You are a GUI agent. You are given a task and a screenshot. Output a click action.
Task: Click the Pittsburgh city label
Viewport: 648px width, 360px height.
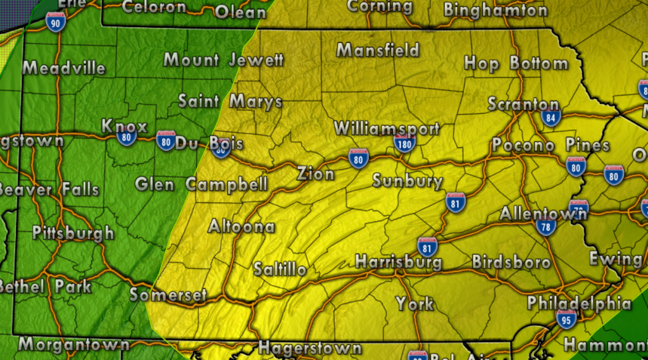coord(73,233)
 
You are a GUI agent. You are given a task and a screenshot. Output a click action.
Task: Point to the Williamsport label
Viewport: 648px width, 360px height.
coord(386,128)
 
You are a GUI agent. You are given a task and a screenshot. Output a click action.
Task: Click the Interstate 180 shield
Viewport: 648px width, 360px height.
coord(404,144)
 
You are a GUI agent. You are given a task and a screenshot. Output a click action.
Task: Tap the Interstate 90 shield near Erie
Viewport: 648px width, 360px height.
coord(55,22)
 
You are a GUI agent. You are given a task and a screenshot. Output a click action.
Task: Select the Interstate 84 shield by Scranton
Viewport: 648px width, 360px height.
coord(551,118)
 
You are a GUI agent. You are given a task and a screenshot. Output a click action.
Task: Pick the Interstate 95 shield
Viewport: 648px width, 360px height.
coord(566,318)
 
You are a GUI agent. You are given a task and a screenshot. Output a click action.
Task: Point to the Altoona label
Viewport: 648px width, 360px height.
coord(241,227)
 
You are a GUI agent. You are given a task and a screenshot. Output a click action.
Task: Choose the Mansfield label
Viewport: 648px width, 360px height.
coord(378,50)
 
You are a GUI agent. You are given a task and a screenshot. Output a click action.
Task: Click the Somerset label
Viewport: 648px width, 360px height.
coord(168,295)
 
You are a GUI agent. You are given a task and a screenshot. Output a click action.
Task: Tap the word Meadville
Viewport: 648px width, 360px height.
coord(64,68)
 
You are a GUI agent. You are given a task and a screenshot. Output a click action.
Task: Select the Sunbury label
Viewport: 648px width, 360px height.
coord(407,181)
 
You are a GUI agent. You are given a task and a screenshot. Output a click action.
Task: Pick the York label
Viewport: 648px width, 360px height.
coord(415,304)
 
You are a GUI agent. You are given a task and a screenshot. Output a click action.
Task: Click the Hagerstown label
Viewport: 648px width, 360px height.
coord(309,348)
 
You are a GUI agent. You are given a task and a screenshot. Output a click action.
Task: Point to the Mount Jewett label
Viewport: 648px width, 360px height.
coord(223,60)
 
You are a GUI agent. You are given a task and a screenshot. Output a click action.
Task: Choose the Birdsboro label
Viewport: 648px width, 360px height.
coord(511,262)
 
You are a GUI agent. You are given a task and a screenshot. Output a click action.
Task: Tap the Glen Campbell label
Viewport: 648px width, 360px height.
coord(201,185)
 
